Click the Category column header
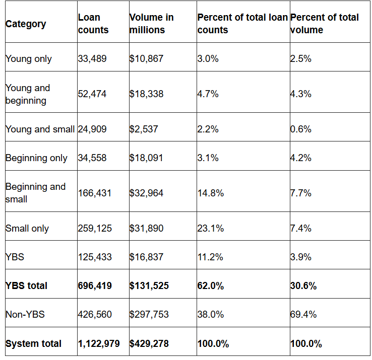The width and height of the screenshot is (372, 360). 26,24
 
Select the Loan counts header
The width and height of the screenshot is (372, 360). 93,24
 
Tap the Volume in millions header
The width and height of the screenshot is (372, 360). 151,24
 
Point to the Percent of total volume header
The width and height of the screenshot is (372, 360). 324,24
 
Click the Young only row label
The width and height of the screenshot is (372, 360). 28,59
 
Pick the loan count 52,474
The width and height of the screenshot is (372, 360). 92,94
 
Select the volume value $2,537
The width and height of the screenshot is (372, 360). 144,129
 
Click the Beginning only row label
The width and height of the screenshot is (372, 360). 36,158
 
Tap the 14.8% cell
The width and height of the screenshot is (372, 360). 210,193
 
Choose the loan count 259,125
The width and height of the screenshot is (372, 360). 95,229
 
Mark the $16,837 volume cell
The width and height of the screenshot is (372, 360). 146,257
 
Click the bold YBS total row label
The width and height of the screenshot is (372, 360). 26,286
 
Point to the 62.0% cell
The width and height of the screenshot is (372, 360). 210,286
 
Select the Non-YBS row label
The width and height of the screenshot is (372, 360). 25,315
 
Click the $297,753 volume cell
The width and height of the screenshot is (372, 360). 149,315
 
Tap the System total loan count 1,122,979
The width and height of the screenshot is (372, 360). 99,344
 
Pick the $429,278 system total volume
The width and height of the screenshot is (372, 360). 149,344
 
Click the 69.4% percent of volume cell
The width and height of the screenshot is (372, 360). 303,315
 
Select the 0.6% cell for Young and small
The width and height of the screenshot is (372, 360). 300,129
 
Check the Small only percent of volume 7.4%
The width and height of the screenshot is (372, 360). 300,229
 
